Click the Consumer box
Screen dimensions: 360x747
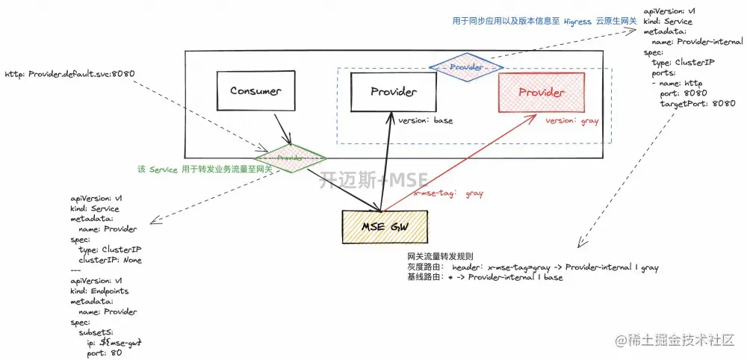click(x=255, y=92)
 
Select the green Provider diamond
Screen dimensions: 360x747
click(x=288, y=158)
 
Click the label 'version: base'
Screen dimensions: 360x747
click(x=425, y=120)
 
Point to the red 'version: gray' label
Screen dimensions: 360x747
click(x=571, y=121)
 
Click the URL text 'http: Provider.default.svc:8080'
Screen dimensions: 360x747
click(x=70, y=75)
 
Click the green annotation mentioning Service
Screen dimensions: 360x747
click(x=204, y=170)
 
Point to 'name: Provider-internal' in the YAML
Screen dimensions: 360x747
click(x=698, y=43)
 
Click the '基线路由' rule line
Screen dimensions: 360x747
click(x=485, y=277)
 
